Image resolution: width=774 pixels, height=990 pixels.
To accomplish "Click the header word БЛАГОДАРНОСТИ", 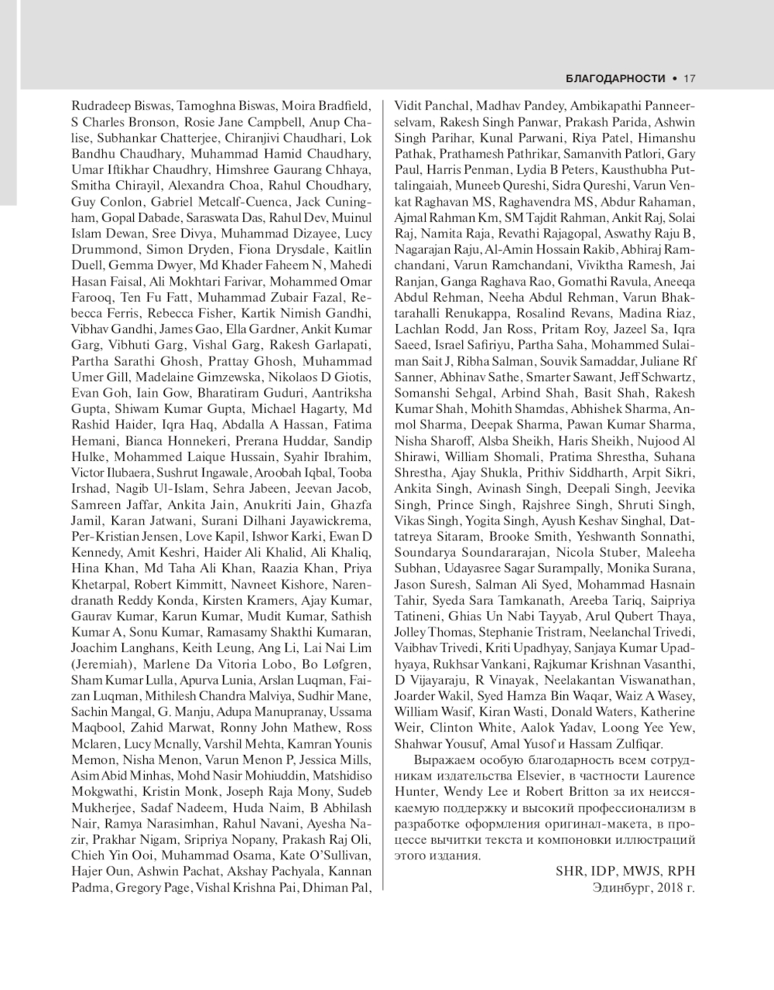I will (615, 78).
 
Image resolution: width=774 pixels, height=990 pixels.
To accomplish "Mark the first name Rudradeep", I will (101, 106).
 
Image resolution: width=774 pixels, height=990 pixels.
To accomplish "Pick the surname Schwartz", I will (667, 377).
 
